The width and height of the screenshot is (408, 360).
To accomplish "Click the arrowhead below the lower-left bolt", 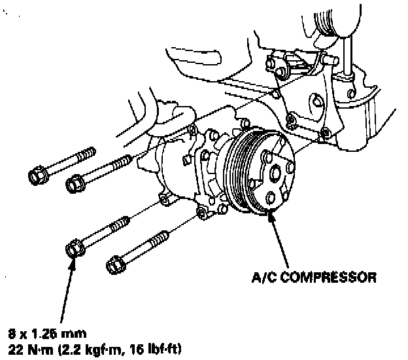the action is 73,262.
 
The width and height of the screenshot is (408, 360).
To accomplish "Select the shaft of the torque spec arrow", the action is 66,288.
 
